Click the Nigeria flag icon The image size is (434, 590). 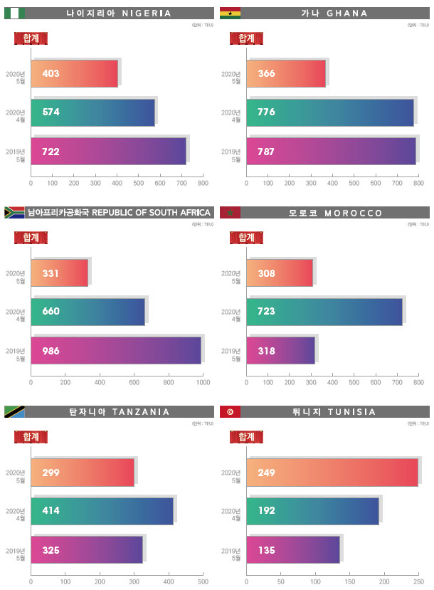(14, 13)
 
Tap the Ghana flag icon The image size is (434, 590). (230, 13)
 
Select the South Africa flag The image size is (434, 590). (14, 212)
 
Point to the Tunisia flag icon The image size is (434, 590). (230, 411)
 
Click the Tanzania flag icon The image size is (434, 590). (14, 411)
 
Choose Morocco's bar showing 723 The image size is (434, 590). (324, 312)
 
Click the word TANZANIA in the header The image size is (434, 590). (141, 412)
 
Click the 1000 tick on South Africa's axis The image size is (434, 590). (203, 382)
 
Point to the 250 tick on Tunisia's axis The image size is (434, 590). (418, 581)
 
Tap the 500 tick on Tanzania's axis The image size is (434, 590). (203, 581)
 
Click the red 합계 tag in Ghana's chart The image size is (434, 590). (247, 38)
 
